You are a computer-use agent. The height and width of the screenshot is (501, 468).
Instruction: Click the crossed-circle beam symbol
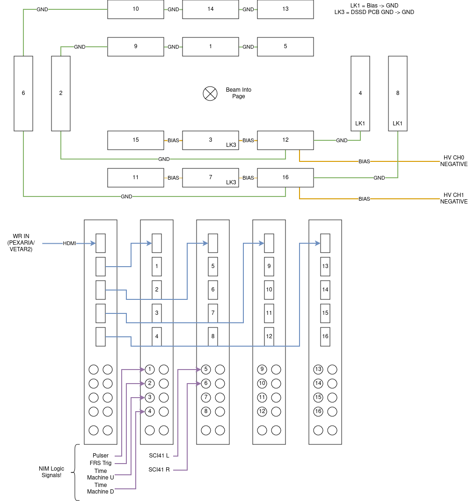tap(210, 94)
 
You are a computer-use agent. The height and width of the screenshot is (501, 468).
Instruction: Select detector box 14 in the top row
tap(211, 9)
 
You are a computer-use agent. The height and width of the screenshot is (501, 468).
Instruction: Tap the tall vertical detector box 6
tap(23, 93)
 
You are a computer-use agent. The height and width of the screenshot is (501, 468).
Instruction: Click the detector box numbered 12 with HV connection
tap(285, 140)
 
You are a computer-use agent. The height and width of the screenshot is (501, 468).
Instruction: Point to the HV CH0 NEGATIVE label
tap(453, 161)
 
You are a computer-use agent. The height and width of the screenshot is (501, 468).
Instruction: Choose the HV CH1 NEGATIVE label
tap(453, 198)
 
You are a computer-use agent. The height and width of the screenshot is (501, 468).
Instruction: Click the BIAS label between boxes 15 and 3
tap(173, 140)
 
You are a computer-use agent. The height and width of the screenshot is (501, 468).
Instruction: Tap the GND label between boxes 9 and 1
tap(173, 47)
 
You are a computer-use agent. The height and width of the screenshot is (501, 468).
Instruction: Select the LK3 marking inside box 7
tap(231, 182)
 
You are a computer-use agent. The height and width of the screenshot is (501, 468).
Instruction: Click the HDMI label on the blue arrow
tap(69, 243)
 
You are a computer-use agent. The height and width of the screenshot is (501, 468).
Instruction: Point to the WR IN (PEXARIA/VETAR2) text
tap(21, 243)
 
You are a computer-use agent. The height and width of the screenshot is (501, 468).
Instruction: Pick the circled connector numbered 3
tap(150, 398)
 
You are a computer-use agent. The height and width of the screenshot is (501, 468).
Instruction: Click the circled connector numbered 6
tap(206, 384)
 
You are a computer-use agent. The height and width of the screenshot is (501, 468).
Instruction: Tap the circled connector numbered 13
tap(318, 370)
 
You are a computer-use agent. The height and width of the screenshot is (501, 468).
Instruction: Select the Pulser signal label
tap(101, 456)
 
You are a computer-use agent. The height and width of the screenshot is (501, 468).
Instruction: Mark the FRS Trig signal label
tap(101, 463)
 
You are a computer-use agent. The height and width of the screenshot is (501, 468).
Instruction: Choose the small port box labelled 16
tap(325, 336)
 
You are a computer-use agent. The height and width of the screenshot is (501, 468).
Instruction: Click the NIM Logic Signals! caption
tap(51, 472)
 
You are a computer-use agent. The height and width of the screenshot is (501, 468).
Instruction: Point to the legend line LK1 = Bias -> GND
tap(374, 6)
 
